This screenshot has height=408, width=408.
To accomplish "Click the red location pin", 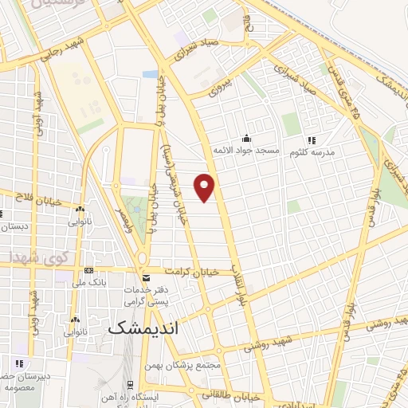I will [x=206, y=186].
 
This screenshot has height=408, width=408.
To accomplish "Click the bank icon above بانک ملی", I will [x=88, y=272].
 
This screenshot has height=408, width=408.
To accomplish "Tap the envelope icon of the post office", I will [x=145, y=277].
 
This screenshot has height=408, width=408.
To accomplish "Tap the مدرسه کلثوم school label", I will [x=310, y=151].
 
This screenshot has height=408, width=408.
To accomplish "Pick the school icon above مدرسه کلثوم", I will [x=311, y=139].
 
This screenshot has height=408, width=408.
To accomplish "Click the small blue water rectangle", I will [x=150, y=74].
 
